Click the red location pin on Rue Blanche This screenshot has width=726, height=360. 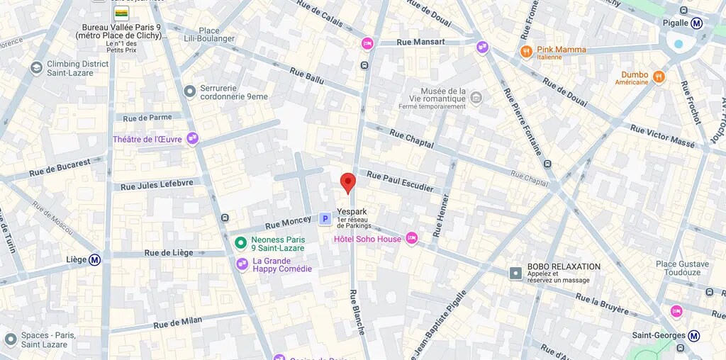click(347, 181)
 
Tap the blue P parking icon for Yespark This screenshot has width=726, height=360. click(325, 219)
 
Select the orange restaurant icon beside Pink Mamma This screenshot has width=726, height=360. click(526, 51)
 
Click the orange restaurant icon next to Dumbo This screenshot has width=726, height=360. click(659, 77)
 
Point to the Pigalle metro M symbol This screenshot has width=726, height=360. click(696, 23)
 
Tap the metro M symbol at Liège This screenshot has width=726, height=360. click(94, 259)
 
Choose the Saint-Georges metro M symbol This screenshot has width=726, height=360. click(695, 336)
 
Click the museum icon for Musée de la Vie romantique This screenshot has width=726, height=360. click(476, 98)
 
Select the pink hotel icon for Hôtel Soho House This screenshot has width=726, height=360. click(411, 238)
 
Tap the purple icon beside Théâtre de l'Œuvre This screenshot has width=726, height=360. click(192, 139)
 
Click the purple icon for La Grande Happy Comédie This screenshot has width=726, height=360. click(242, 264)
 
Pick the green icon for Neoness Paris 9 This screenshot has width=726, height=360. click(241, 243)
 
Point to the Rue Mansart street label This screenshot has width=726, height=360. click(421, 42)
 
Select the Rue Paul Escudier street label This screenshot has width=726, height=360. click(399, 181)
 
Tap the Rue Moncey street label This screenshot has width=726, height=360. click(288, 223)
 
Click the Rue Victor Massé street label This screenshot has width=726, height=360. click(662, 136)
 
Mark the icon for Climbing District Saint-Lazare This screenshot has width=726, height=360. click(36, 68)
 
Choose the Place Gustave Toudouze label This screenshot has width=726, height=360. click(678, 268)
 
